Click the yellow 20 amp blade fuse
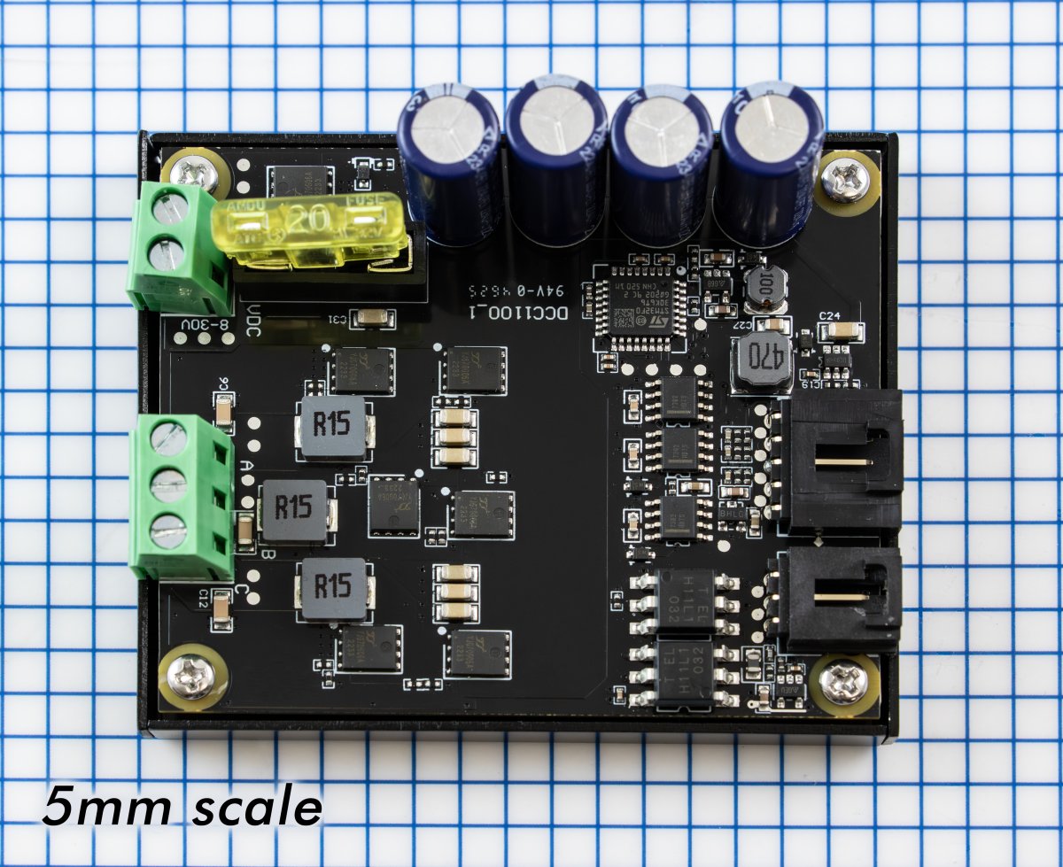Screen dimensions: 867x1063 (x=310, y=232)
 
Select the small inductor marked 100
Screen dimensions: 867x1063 (x=763, y=285)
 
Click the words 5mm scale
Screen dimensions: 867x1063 (x=182, y=807)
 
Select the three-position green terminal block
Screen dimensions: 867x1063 (x=177, y=498)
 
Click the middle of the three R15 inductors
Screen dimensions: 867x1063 (x=295, y=507)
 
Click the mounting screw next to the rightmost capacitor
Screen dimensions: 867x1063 (x=844, y=177)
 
